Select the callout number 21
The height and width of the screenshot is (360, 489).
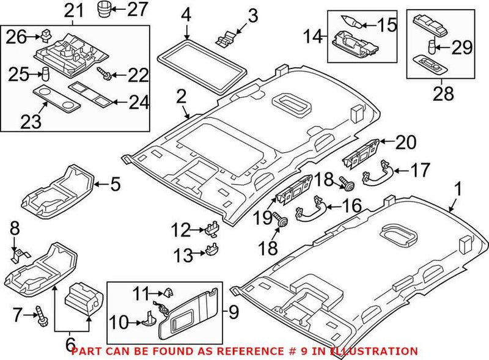74,10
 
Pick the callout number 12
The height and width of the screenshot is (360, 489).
181,231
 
